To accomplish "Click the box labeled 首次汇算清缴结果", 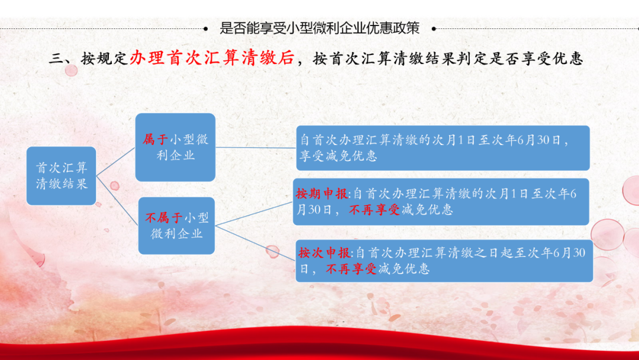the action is coord(61,176).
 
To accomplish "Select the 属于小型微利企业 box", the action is coord(175,147).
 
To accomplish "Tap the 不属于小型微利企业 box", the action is coord(176,226).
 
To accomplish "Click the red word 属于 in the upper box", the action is coord(155,140).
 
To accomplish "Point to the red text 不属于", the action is coord(164,218).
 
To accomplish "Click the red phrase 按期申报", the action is coord(321,194).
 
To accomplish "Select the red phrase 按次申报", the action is coord(324,253).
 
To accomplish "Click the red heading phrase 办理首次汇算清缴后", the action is coord(212,58).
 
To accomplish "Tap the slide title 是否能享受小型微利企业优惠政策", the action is coord(319,28).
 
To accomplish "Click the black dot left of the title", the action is coord(205,28).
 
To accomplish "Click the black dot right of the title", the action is coord(434,28).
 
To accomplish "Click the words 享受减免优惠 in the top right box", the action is coord(338,156).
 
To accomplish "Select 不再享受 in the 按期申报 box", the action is coord(375,210).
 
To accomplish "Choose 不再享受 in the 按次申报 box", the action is coord(351,269).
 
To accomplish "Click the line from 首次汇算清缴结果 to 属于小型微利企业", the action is coord(116,162).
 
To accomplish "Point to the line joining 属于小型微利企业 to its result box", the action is coord(256,147).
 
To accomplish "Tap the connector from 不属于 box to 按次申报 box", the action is coord(255,243).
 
